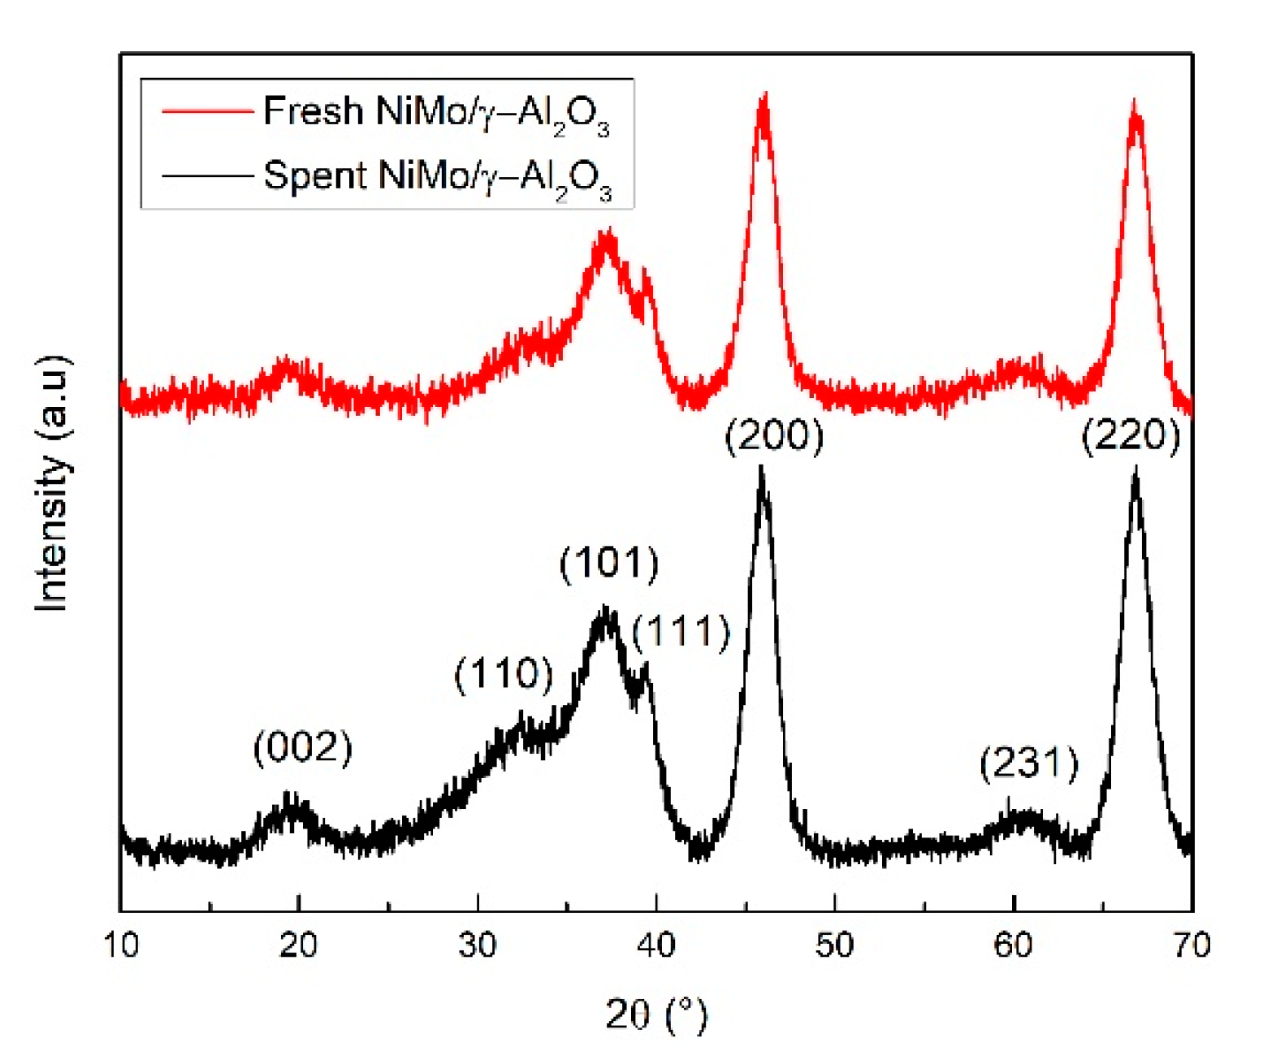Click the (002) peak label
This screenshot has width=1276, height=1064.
pos(302,747)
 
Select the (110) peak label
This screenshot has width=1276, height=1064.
pos(504,674)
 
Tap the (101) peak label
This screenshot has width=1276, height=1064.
pos(609,563)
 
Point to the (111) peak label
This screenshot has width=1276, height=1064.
pos(681,632)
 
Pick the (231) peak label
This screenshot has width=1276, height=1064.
pos(1029,763)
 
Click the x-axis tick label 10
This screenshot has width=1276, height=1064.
pos(121,945)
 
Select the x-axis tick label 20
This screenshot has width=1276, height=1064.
pos(299,945)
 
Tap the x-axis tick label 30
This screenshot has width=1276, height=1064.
pos(478,945)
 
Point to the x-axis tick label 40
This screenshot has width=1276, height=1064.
pos(656,945)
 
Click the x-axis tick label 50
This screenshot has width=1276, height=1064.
pos(835,945)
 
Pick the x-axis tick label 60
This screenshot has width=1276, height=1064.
pos(1014,945)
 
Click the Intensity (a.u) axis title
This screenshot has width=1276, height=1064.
pos(52,483)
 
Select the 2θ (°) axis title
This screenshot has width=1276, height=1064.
pos(656,1015)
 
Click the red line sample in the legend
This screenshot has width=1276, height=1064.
pos(207,111)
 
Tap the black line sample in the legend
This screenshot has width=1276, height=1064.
pos(207,175)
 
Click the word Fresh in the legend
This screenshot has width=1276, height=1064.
pos(314,110)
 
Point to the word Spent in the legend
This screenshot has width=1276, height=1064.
pos(315,175)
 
